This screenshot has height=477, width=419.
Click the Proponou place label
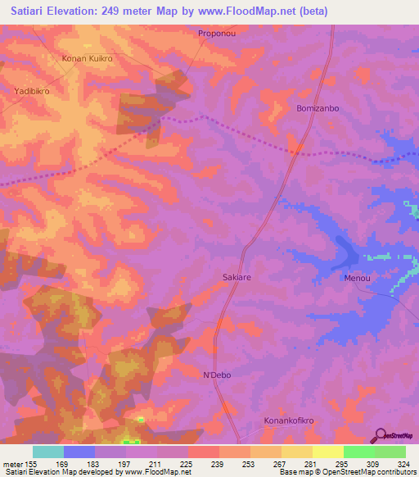[217, 34]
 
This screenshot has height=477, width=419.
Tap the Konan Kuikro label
[88, 59]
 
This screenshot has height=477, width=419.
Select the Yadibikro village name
[32, 91]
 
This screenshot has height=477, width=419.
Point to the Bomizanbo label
[318, 108]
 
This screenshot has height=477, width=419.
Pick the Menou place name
[358, 278]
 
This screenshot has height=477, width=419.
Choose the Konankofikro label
[288, 420]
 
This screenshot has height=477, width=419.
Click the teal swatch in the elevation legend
[48, 452]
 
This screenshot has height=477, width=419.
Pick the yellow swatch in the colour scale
[328, 452]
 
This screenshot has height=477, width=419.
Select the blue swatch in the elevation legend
[79, 452]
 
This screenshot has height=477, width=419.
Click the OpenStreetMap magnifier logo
[380, 436]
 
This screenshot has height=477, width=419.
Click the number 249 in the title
[142, 11]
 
